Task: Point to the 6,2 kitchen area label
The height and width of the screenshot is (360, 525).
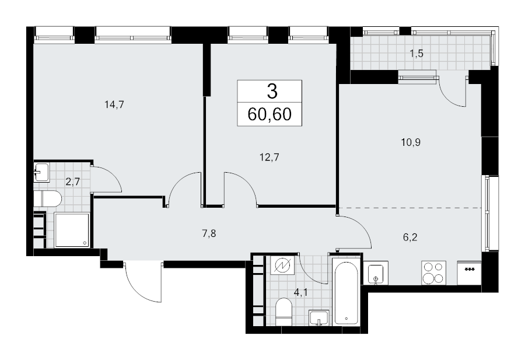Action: (410, 237)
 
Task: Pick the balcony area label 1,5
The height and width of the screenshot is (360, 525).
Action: (416, 54)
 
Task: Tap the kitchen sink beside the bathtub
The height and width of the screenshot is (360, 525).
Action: (376, 273)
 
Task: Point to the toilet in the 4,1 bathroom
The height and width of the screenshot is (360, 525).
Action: (283, 312)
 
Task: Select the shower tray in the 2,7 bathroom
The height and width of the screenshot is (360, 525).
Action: (72, 230)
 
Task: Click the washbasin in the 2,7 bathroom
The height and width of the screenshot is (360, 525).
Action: (41, 172)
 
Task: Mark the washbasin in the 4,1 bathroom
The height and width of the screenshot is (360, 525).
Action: (318, 317)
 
